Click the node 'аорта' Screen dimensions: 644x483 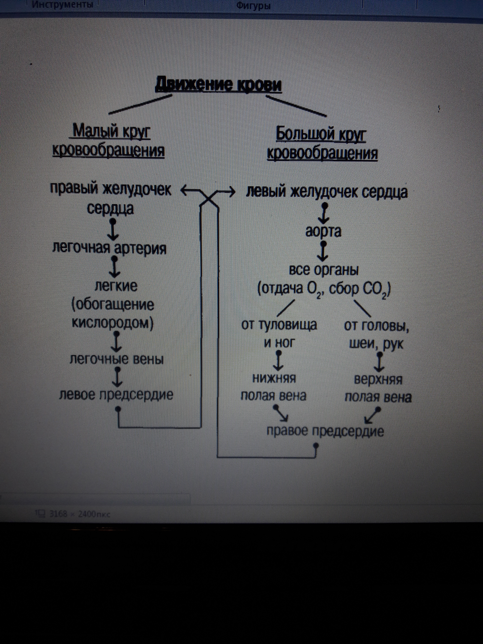coord(323,232)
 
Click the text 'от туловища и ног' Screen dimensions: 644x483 coord(279,334)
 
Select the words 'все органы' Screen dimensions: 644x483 coord(323,270)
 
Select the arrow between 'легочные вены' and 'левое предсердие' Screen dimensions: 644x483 coord(117,377)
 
